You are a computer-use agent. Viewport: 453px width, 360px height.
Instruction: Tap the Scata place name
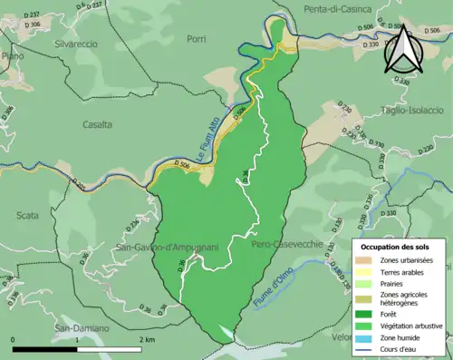(x=27, y=215)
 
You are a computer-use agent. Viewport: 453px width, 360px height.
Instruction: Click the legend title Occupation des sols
(x=396, y=246)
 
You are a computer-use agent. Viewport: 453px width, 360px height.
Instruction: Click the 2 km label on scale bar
(x=148, y=338)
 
